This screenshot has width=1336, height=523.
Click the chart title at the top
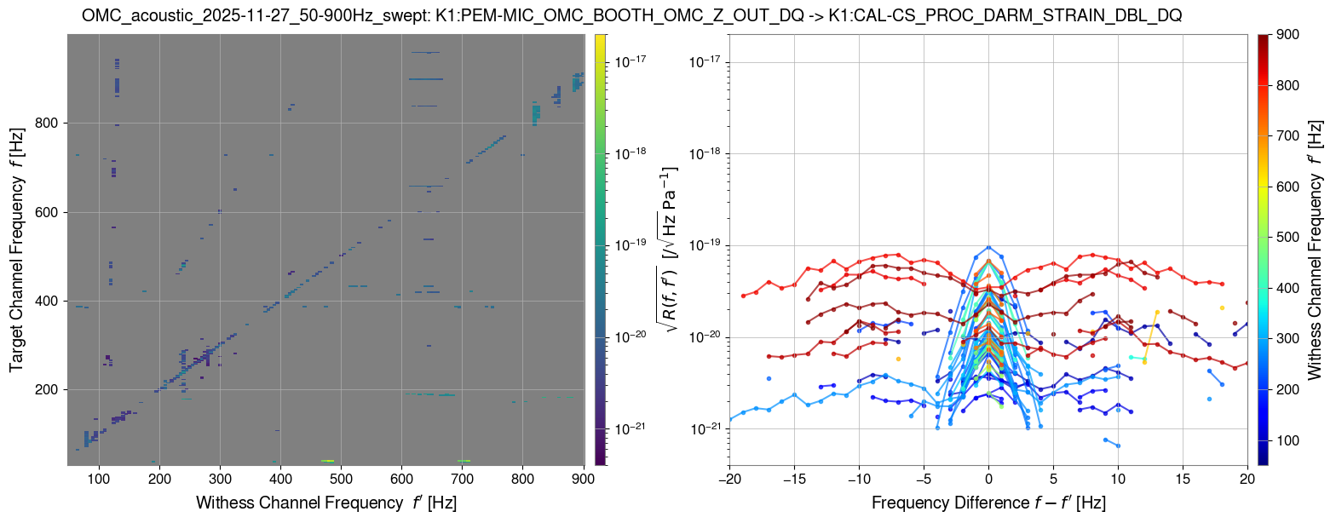[x=632, y=15]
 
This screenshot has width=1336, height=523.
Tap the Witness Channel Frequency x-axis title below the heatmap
[x=326, y=503]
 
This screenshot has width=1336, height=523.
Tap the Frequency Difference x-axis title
[x=988, y=503]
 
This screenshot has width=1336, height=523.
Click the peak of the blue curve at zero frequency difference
[x=988, y=247]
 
